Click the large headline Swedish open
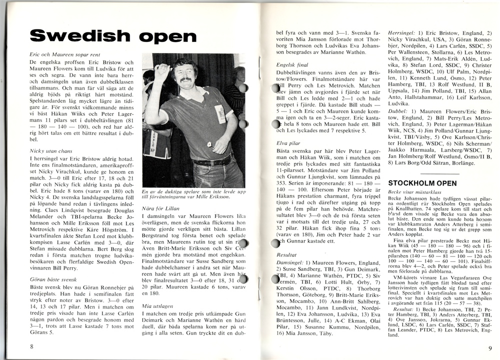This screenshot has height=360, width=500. coord(113,36)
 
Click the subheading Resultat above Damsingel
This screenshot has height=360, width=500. coord(287,254)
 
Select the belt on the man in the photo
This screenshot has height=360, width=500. coord(213,162)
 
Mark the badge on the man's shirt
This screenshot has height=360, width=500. coord(220,113)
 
